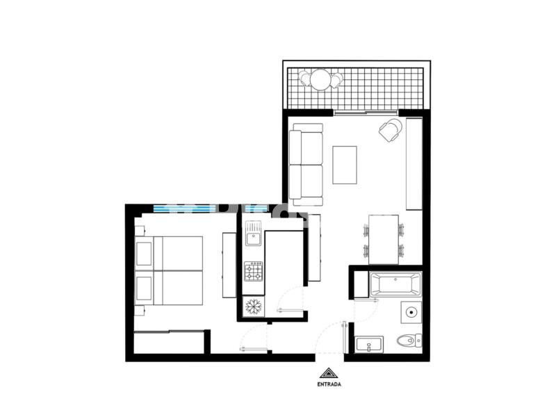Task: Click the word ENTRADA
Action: click(x=329, y=384)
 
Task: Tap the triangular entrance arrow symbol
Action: click(x=329, y=373)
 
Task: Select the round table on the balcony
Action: click(x=320, y=79)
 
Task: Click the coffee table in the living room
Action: click(x=344, y=165)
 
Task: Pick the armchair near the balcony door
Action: click(x=391, y=130)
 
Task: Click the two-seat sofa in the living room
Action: click(x=306, y=165)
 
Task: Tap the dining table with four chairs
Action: click(x=384, y=239)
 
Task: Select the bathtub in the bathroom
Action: click(x=395, y=284)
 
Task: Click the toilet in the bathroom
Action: click(x=409, y=341)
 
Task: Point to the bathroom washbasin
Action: click(x=369, y=345)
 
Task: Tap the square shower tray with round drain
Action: click(x=411, y=312)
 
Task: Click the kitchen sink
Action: click(x=254, y=233)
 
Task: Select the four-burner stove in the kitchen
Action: click(x=254, y=271)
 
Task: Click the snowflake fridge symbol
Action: click(x=254, y=306)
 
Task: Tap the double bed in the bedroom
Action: click(x=169, y=270)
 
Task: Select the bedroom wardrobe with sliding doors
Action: click(x=169, y=342)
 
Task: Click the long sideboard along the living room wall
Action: click(x=414, y=164)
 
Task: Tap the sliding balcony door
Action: click(x=366, y=113)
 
